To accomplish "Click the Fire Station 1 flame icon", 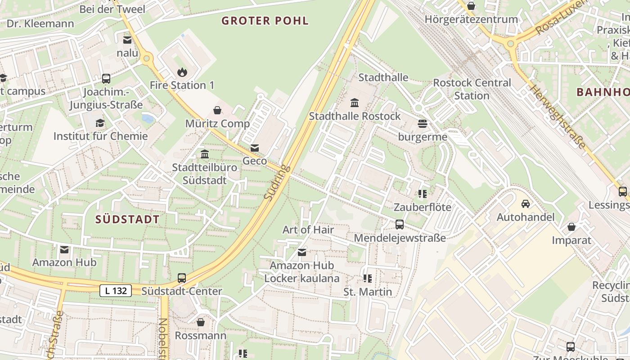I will click(182, 72).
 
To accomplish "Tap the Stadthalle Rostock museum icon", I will click(355, 103).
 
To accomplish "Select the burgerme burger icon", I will click(422, 124).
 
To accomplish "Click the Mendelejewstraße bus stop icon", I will click(399, 224).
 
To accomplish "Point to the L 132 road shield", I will click(116, 291).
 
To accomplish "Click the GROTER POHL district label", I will click(265, 21).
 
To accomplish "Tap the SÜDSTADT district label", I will click(127, 220).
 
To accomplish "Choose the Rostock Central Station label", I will click(472, 89).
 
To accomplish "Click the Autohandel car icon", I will click(525, 204).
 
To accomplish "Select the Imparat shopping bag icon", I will click(571, 226).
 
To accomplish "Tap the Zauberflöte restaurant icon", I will click(422, 194).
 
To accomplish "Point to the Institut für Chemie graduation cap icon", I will click(100, 123).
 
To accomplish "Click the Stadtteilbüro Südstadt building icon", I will click(205, 154).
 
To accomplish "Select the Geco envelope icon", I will click(255, 148).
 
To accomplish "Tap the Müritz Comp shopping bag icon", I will click(217, 110).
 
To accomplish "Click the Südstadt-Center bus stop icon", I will click(182, 278).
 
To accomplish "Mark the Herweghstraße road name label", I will click(558, 117).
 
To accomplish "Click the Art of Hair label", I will click(308, 229).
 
